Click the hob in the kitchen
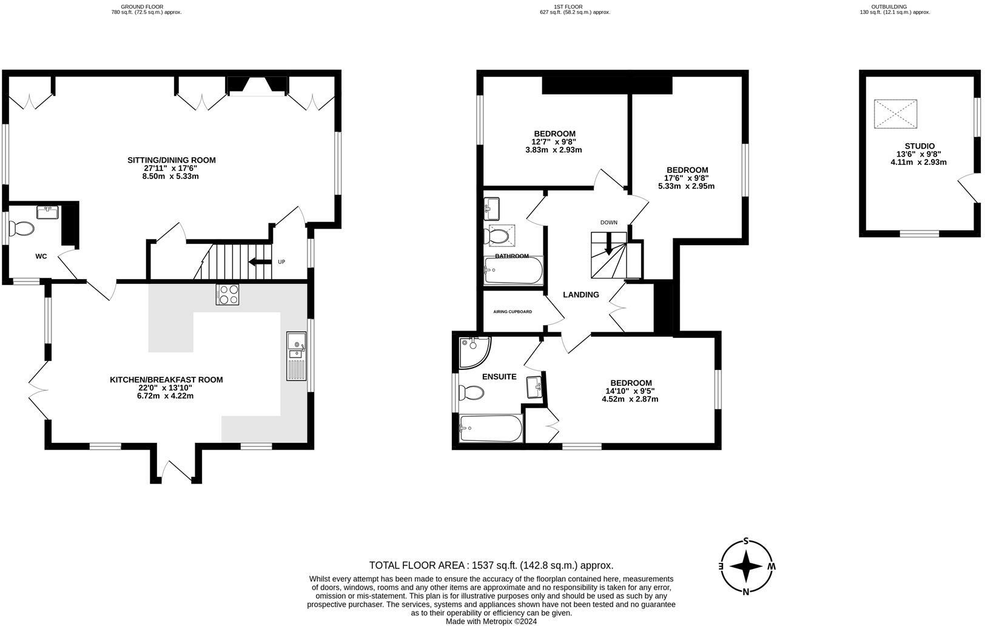click(227, 294)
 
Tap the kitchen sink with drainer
click(297, 355)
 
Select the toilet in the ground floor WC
click(22, 229)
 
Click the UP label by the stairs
click(281, 262)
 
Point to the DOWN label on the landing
click(608, 223)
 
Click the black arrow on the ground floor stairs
click(260, 262)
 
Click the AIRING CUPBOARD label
click(513, 312)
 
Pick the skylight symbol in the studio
click(895, 114)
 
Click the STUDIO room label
click(919, 146)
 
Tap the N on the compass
click(746, 592)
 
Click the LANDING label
click(581, 295)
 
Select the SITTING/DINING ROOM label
click(172, 160)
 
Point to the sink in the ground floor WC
click(47, 212)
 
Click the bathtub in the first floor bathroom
click(513, 271)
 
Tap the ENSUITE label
click(499, 377)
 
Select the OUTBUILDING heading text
click(895, 7)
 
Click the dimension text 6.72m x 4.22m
click(166, 396)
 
